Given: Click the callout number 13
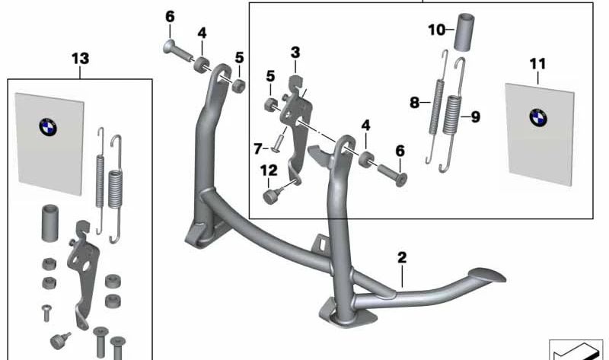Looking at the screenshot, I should (79, 58).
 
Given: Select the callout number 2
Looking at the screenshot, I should (401, 258).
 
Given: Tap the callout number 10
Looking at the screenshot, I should (435, 30).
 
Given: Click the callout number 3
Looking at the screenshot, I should (295, 53).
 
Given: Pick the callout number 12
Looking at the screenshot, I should (269, 171).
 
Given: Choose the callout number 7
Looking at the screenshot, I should (257, 146).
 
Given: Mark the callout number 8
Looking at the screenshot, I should (415, 103).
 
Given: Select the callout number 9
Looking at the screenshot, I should (475, 116).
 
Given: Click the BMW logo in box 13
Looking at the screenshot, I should (48, 127).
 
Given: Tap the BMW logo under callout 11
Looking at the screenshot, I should (538, 117).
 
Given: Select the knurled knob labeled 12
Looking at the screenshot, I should (270, 196).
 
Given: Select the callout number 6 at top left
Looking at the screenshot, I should (169, 16).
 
